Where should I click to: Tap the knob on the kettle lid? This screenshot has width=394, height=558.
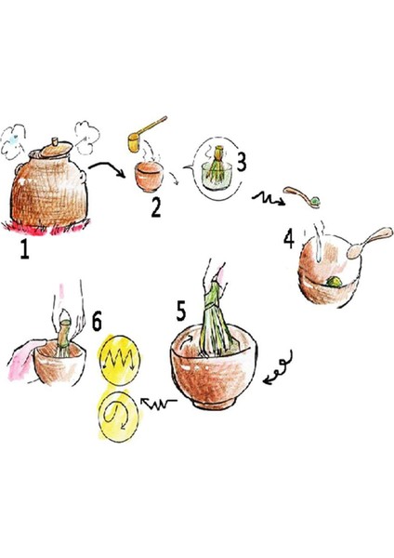click(x=52, y=143)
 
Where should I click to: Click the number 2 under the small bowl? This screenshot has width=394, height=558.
click(x=156, y=206)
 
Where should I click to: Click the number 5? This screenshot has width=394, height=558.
click(x=183, y=307)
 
